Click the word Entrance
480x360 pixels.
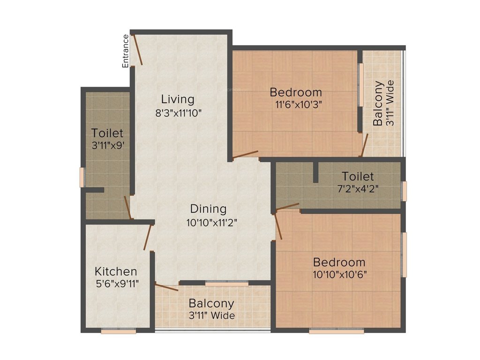[125, 51]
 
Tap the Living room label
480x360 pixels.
[177, 99]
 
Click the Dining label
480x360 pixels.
[208, 209]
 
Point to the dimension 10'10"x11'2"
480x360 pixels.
[211, 223]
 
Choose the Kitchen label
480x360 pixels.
[116, 271]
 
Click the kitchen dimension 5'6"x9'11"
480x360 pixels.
[116, 284]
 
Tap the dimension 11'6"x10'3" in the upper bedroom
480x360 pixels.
[295, 105]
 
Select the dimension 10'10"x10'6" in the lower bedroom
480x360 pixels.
[340, 274]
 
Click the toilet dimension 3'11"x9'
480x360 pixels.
[107, 146]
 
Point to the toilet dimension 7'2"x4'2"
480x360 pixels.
[357, 189]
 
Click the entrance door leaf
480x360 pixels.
[138, 49]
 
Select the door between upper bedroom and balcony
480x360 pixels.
[364, 145]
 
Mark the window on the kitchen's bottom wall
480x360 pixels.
[119, 331]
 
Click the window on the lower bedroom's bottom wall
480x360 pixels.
[336, 331]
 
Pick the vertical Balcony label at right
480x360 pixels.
[378, 104]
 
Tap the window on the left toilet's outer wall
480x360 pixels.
[82, 177]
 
